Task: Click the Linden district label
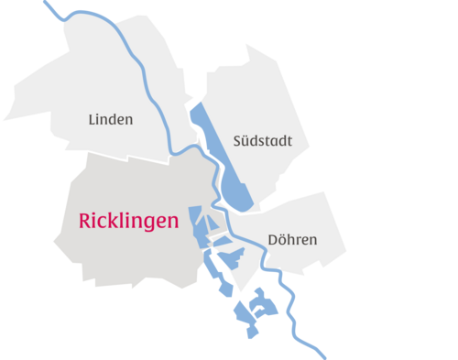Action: tap(111, 119)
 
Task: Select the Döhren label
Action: tap(292, 241)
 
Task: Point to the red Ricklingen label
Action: tap(123, 221)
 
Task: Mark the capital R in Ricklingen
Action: tap(75, 221)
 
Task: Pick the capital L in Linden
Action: tap(92, 119)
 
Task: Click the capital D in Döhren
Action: tap(272, 241)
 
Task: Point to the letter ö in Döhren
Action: tap(282, 241)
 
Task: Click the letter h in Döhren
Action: tap(291, 241)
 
